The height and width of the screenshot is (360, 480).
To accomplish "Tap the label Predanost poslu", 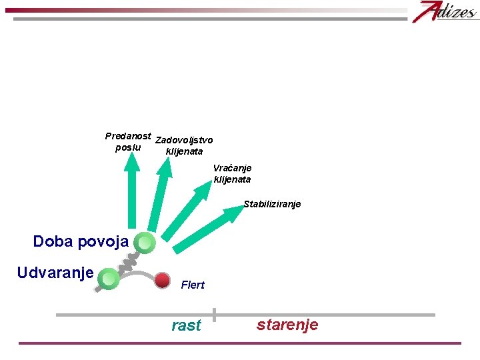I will coord(128,141).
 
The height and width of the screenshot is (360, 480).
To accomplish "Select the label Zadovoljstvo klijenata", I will coord(184,145).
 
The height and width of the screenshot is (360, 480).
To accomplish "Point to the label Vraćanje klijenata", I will coord(232,173).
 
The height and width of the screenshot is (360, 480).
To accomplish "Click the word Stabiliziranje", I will coord(272,204).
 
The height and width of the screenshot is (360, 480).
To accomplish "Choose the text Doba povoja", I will coord(81,241).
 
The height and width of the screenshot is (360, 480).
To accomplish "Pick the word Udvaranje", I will coord(55,273).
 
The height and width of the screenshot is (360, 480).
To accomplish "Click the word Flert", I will coord(193,285).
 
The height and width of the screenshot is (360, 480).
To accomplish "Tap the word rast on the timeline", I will coord(186,325).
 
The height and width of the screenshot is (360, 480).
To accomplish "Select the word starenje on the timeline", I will coord(287,325).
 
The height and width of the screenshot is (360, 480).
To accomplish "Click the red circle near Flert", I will coord(162,280).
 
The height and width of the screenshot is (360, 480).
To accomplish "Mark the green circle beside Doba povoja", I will coord(145,243).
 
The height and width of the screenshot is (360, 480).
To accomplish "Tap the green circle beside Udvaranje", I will coord(108,278).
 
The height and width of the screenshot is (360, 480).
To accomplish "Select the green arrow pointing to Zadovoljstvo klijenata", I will coord(158,197).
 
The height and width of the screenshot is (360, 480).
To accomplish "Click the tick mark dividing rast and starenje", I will coord(214,315).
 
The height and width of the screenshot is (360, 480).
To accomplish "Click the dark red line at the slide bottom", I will coord(240,343).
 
